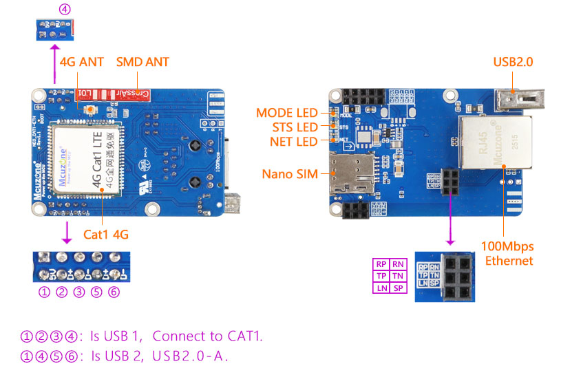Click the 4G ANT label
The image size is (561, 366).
coord(82,62)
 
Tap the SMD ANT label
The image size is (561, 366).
coord(142,62)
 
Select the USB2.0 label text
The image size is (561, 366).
coord(513,62)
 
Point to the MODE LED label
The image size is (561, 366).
coord(287,113)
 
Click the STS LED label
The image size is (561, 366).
coord(293,127)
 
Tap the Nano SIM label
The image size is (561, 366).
coord(290,174)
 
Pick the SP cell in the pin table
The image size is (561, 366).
coord(398,288)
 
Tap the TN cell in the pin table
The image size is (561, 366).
coord(398,276)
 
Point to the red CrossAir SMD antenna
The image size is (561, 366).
coord(120,94)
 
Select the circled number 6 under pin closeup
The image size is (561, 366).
coord(114,292)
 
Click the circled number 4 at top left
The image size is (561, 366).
coord(65,10)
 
